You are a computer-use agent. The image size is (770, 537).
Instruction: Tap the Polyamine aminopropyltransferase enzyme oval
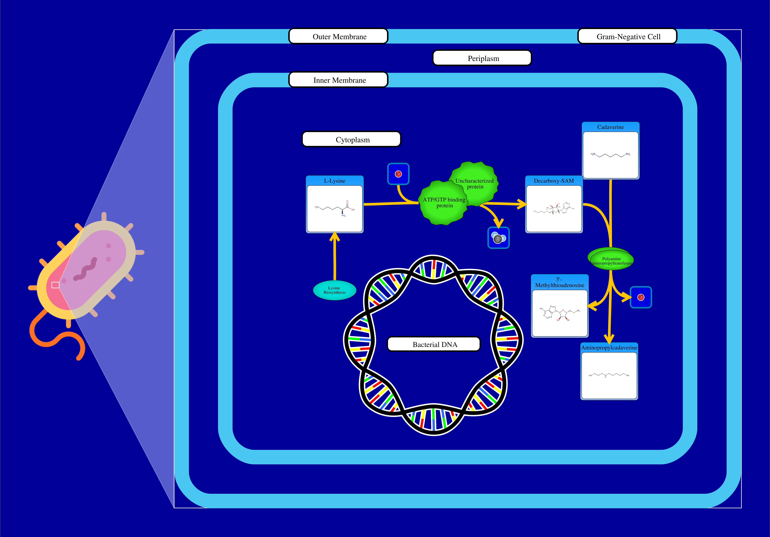611,260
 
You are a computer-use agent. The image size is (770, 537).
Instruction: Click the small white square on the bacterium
55,285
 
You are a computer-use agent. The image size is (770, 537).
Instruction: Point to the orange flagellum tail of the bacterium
50,339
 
